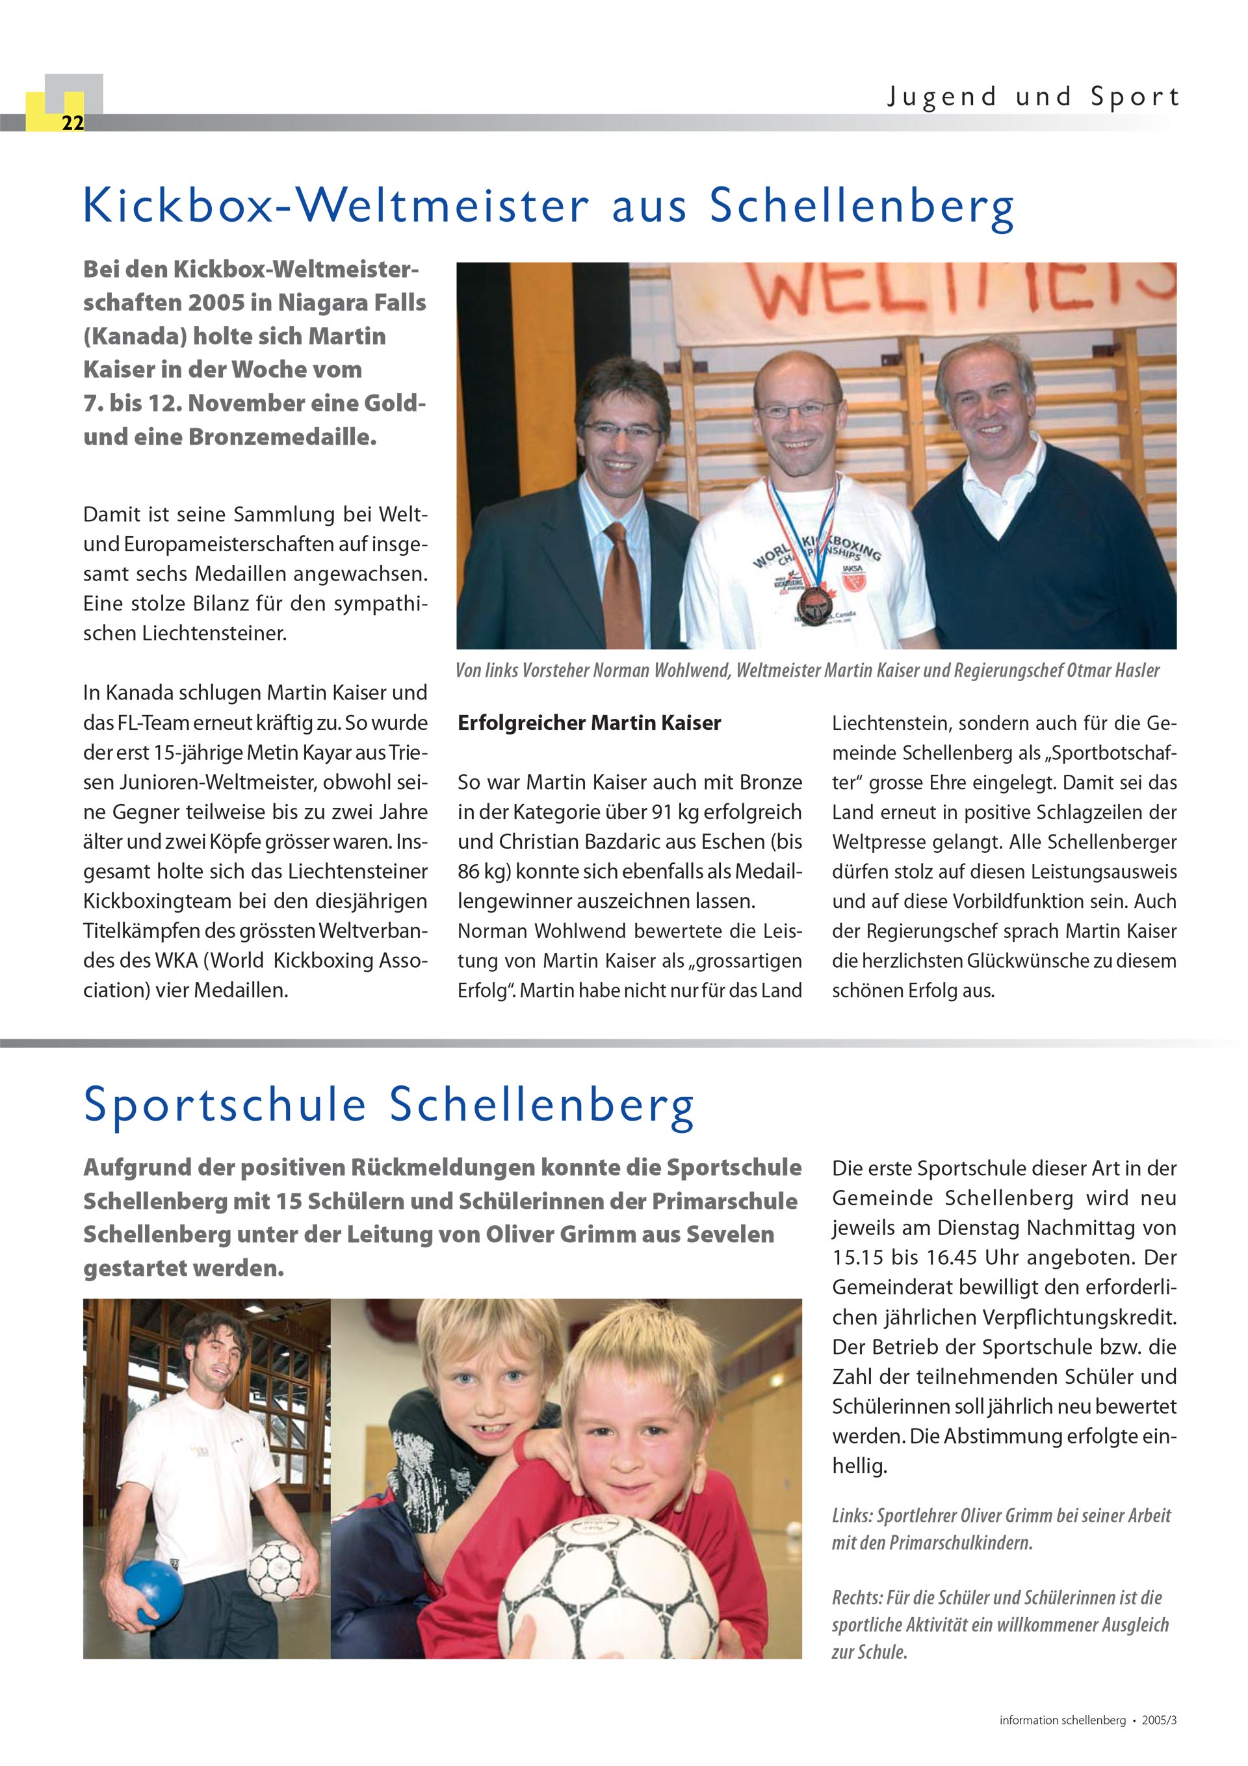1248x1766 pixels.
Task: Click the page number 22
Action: (72, 123)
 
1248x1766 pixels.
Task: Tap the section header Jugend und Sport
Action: (1033, 97)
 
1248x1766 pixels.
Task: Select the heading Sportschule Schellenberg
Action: (389, 1104)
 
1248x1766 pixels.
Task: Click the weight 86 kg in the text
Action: (483, 872)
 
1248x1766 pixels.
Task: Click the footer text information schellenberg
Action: (1062, 1720)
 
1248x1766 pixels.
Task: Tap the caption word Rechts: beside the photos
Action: (856, 1598)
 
